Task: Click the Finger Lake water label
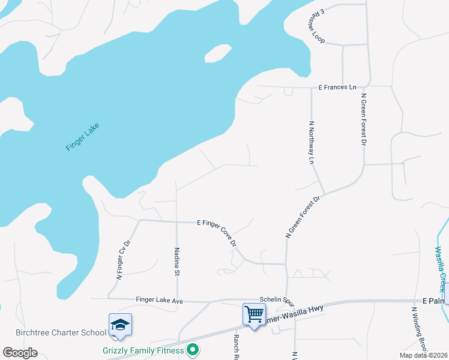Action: tap(82, 137)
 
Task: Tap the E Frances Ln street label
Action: tap(337, 88)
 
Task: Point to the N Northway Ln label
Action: tap(312, 143)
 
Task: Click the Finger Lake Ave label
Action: tap(159, 299)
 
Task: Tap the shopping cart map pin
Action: tap(254, 314)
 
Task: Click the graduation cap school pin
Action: tap(120, 324)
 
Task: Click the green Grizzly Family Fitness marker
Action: tap(193, 349)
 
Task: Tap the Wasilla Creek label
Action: tap(441, 265)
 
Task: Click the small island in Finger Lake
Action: tap(217, 53)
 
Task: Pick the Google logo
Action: tap(20, 353)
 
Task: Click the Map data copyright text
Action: tap(423, 355)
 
